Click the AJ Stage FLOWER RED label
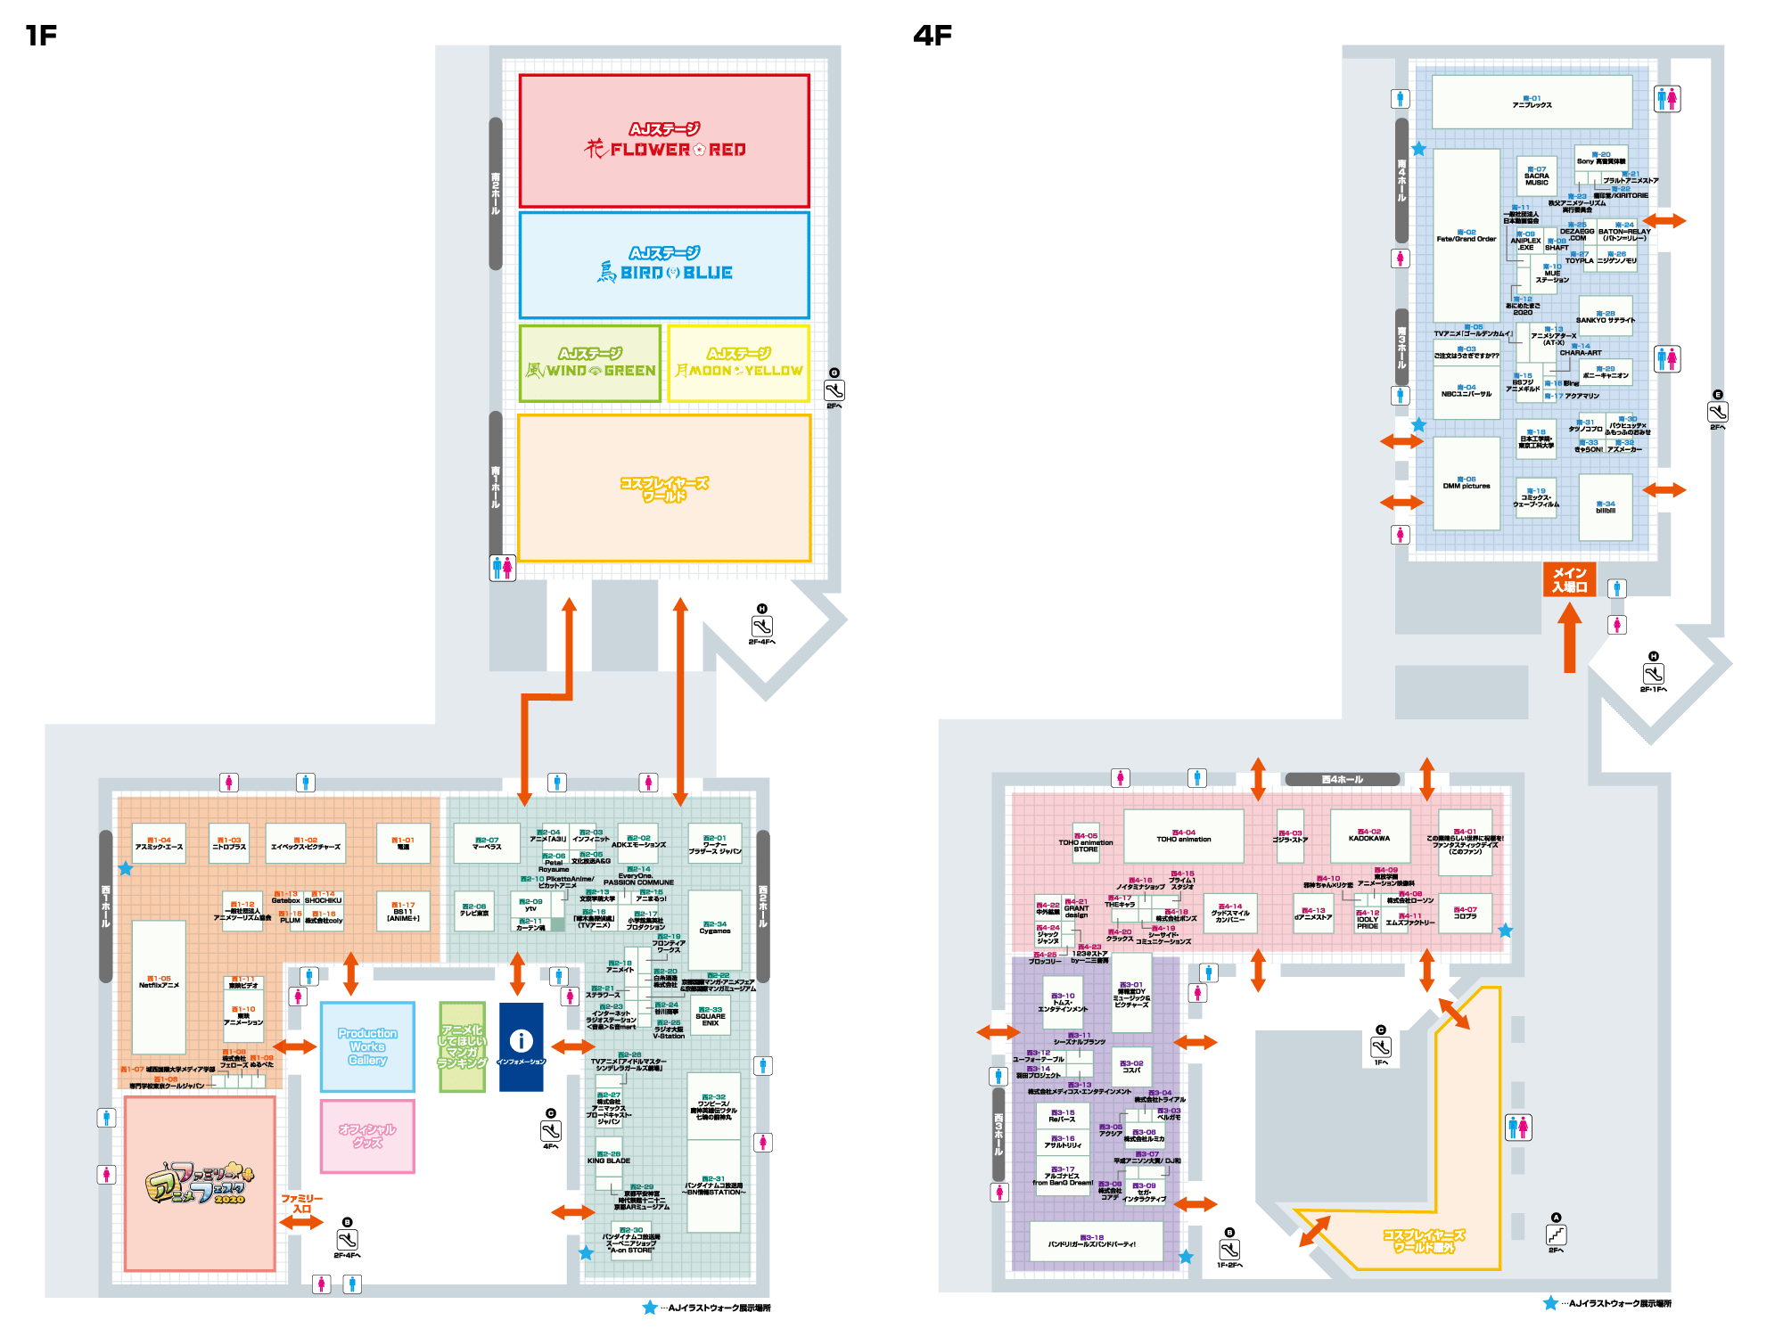click(x=664, y=141)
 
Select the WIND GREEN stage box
click(x=590, y=363)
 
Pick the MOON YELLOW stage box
click(x=739, y=363)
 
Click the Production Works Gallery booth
click(x=367, y=1046)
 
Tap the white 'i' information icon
click(x=521, y=1040)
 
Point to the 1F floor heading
click(x=41, y=35)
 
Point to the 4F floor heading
click(x=933, y=35)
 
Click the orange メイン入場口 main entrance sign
click(x=1569, y=579)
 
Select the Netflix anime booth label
click(x=159, y=982)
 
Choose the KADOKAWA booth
click(x=1369, y=835)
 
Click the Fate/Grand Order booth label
click(x=1466, y=236)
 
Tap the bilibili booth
click(x=1605, y=507)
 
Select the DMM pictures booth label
click(x=1467, y=483)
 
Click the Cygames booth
click(x=714, y=928)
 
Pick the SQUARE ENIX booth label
click(x=710, y=1016)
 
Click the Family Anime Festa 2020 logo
click(x=200, y=1183)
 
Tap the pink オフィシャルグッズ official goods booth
click(x=367, y=1136)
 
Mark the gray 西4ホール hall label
click(x=1342, y=779)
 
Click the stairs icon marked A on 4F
click(x=1556, y=1234)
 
